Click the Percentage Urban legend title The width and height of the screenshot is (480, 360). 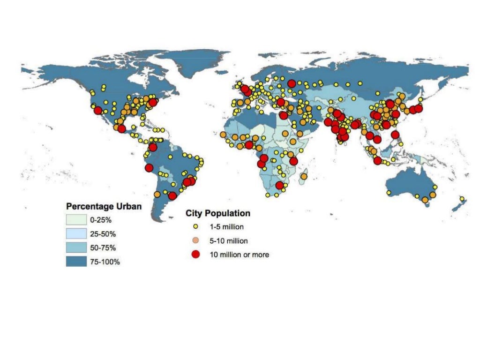[x=104, y=206]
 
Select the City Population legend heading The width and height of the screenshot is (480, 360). [x=218, y=213]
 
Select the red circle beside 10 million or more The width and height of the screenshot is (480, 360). [x=196, y=255]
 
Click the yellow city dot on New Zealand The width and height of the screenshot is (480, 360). [x=462, y=199]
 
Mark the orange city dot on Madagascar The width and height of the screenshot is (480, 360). [x=304, y=177]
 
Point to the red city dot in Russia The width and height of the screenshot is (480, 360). [x=292, y=84]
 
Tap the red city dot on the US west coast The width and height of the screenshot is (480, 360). [x=97, y=111]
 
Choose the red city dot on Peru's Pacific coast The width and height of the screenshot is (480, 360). [x=150, y=168]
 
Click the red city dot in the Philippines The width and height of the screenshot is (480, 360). [x=395, y=135]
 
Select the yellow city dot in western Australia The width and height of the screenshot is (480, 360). [x=389, y=193]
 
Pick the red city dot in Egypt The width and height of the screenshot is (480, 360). [x=283, y=115]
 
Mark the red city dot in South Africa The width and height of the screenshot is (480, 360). [x=279, y=186]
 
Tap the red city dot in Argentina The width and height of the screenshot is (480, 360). [x=172, y=196]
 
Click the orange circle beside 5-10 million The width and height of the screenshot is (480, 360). [x=196, y=241]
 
